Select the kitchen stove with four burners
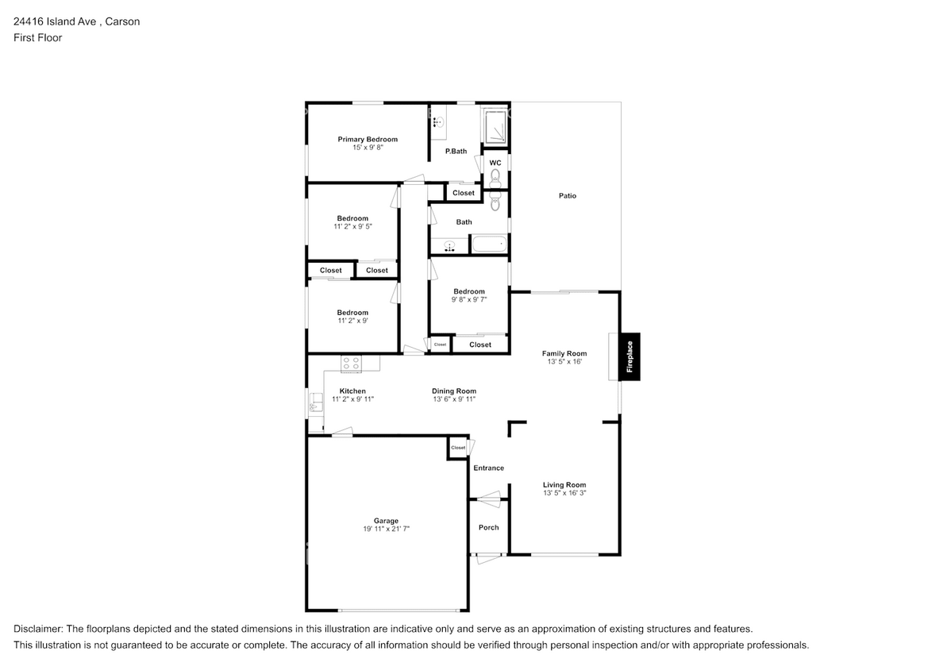point(351,363)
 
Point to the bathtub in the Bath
point(489,244)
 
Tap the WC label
point(495,163)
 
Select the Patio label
point(567,195)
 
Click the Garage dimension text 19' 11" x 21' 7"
point(387,528)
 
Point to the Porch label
point(488,528)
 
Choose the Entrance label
point(488,468)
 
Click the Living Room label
point(564,484)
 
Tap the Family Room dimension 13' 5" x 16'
point(564,362)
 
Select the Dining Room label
point(454,391)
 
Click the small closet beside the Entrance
point(458,448)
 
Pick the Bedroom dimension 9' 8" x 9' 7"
point(469,300)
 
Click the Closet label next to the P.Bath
point(464,193)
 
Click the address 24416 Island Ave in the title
point(56,21)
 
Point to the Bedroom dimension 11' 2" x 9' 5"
point(352,226)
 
